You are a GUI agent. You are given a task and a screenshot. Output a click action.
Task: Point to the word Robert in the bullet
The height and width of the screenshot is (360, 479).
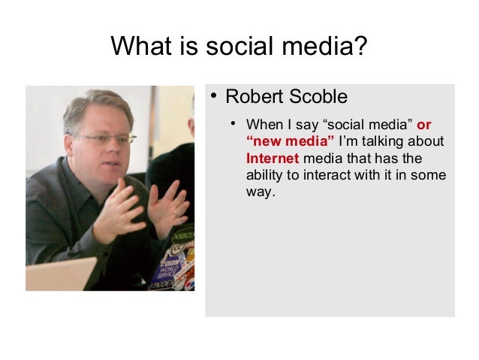click(251, 98)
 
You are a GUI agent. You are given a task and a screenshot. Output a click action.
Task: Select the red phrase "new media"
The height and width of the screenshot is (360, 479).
click(290, 141)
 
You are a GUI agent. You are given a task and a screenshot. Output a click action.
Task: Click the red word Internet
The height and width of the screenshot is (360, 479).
click(273, 159)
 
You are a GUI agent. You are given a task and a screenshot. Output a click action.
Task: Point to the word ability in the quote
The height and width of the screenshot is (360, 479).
click(263, 176)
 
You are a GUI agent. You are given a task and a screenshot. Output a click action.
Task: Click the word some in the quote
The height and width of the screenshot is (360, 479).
click(431, 176)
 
